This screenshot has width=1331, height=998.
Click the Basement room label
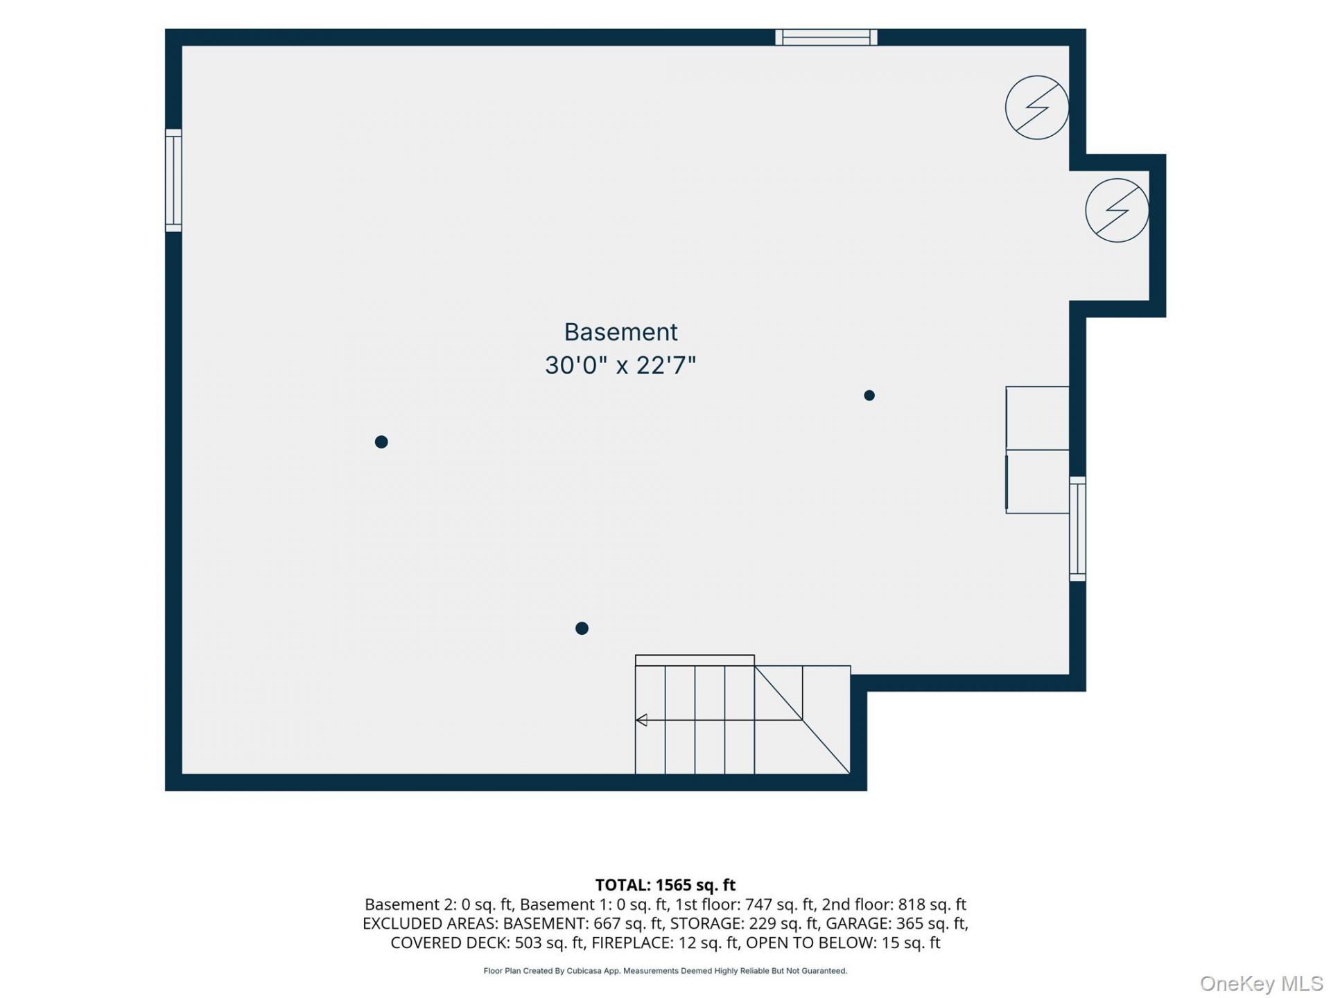tap(620, 332)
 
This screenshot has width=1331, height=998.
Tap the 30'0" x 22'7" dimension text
tap(620, 365)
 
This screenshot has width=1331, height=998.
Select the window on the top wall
tap(826, 37)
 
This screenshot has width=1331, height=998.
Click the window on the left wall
tap(173, 180)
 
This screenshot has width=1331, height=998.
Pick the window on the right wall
tap(1077, 529)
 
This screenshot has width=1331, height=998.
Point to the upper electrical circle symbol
tap(1037, 107)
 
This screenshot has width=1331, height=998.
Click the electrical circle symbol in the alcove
tap(1117, 211)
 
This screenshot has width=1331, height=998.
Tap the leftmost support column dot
tap(381, 441)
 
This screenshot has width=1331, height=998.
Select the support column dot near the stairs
tap(582, 628)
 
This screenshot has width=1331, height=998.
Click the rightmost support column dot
tap(869, 395)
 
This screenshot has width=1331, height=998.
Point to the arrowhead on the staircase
tap(641, 720)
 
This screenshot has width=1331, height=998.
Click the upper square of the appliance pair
tap(1037, 418)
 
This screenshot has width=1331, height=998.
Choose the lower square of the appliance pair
tap(1037, 482)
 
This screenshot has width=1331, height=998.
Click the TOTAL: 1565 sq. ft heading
tap(665, 885)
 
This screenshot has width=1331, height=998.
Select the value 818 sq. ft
tap(932, 904)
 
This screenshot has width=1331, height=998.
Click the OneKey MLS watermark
tap(1261, 983)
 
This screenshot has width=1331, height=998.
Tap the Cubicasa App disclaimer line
tap(665, 971)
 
